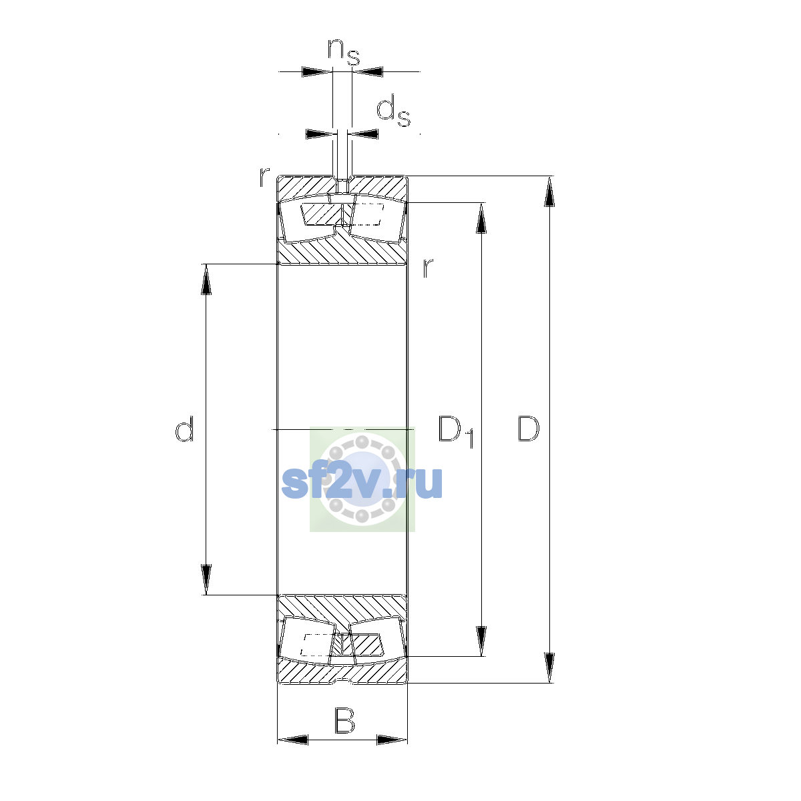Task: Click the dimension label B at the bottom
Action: (344, 721)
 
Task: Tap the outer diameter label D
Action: (528, 429)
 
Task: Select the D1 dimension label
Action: (456, 431)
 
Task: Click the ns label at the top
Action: (344, 52)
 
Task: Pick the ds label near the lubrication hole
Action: (393, 111)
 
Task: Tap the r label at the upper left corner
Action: (264, 176)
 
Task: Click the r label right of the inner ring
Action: (428, 268)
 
